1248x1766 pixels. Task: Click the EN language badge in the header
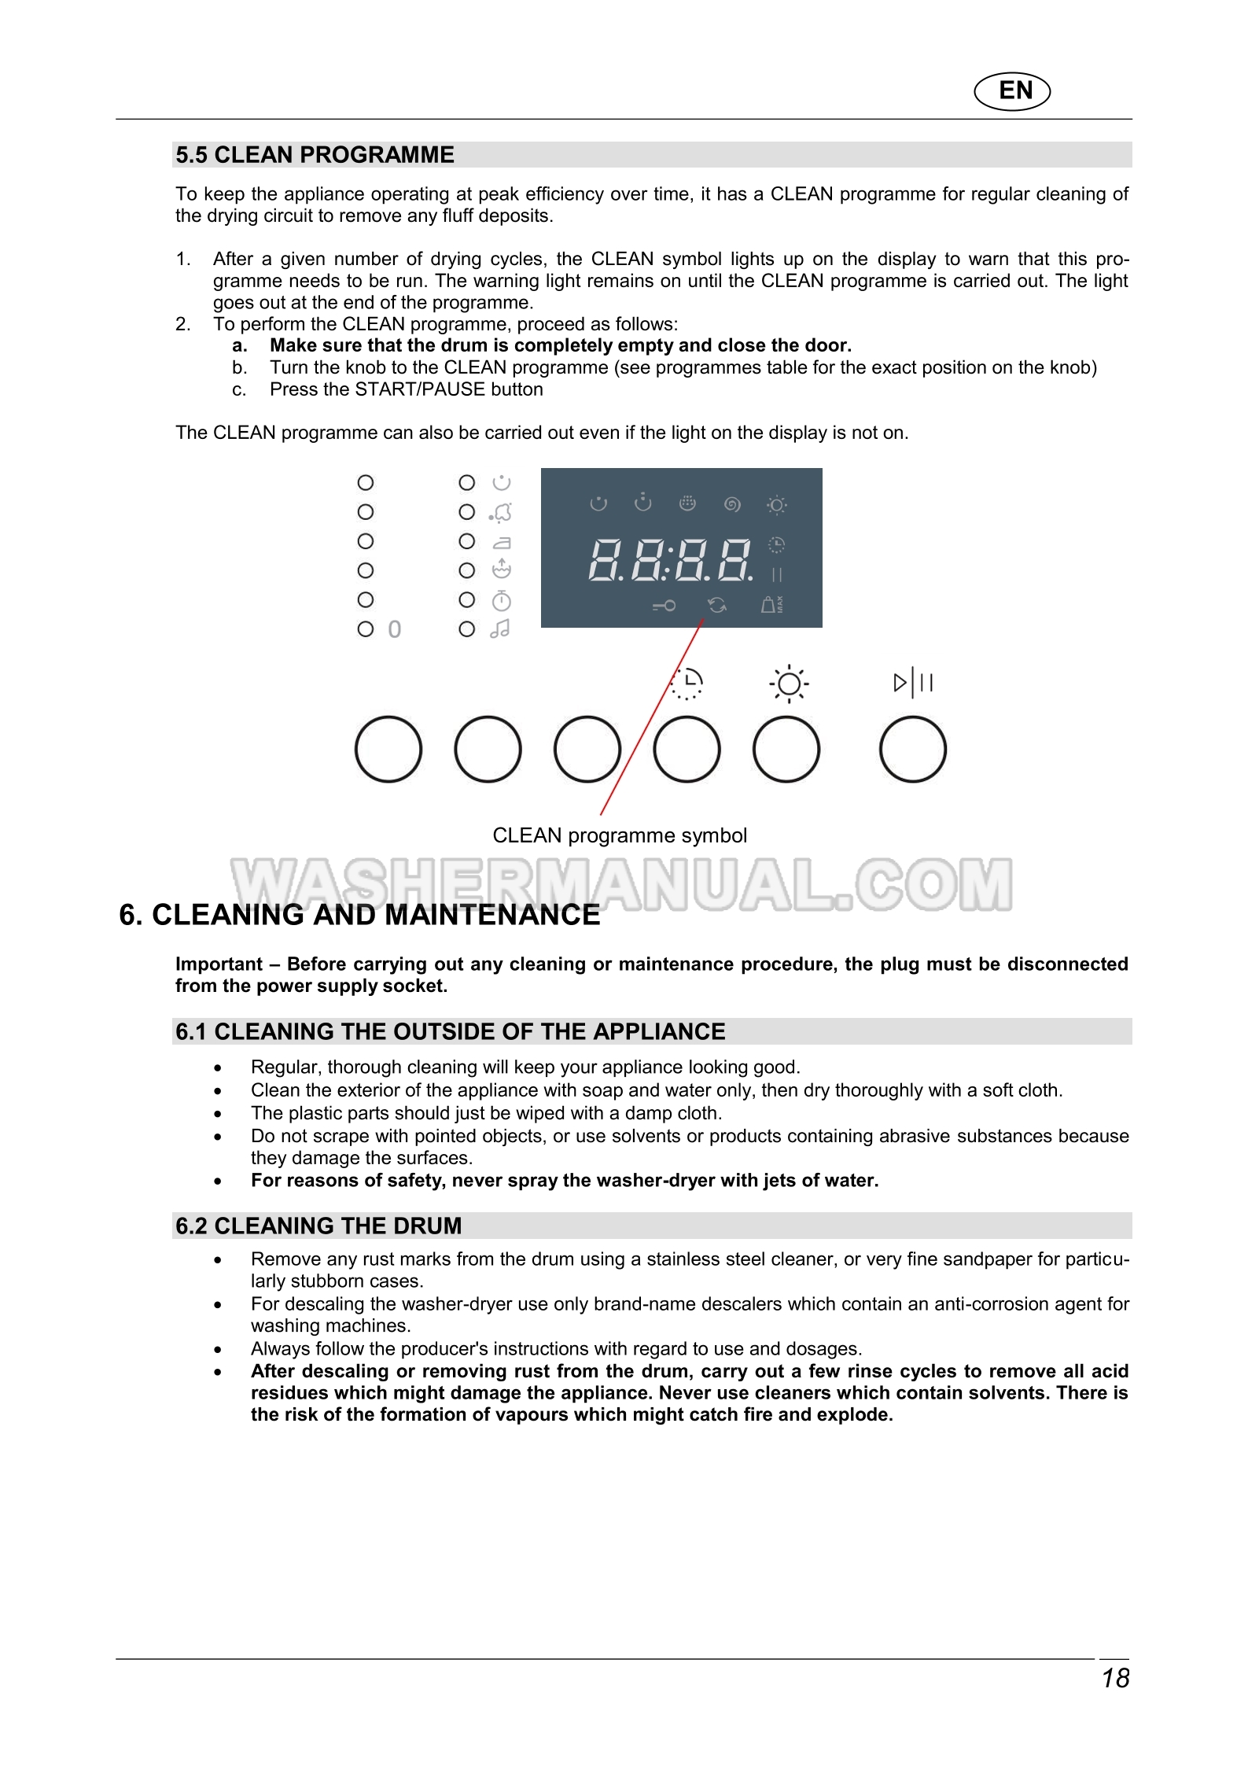click(1012, 91)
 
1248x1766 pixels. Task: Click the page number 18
click(1114, 1678)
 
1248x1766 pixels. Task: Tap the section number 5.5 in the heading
click(191, 155)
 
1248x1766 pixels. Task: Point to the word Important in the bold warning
click(219, 964)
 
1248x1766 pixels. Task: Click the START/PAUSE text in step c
click(420, 389)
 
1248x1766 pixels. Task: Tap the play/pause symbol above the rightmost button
click(912, 682)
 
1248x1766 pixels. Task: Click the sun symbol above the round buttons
click(788, 684)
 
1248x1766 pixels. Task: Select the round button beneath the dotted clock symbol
click(687, 749)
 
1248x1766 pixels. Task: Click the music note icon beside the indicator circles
click(501, 629)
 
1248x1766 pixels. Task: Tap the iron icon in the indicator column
click(502, 542)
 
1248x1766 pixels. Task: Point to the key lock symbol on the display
click(664, 605)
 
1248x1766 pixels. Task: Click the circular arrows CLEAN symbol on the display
click(716, 604)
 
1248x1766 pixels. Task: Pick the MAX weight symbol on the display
click(771, 604)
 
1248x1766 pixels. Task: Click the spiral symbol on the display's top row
click(732, 504)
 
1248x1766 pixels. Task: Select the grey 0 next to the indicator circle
click(395, 629)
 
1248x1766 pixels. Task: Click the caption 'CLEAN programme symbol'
click(620, 835)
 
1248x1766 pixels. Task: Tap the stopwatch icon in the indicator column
click(502, 601)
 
